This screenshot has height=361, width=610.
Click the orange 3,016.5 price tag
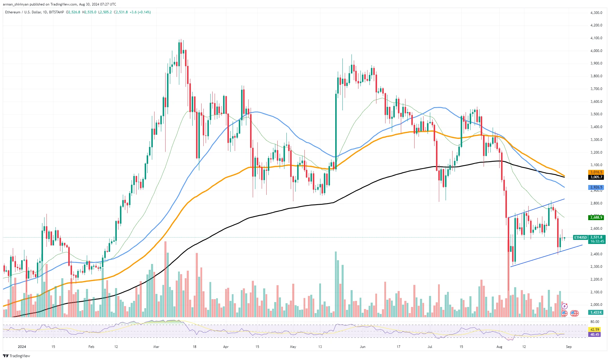click(x=596, y=172)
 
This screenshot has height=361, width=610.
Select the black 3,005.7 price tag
click(x=596, y=177)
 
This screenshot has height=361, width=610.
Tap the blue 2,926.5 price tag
click(x=596, y=187)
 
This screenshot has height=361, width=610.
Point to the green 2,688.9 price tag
click(x=596, y=218)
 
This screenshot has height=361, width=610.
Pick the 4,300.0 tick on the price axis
click(x=596, y=13)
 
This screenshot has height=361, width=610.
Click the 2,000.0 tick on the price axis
click(x=596, y=305)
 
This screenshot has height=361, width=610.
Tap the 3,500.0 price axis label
click(x=596, y=114)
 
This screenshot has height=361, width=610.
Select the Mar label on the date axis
click(x=156, y=347)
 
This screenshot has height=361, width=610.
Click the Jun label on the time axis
click(x=363, y=347)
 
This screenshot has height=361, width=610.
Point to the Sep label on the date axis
click(x=569, y=347)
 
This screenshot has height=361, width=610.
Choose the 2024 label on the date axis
click(x=22, y=347)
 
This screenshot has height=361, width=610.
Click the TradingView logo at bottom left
click(x=17, y=356)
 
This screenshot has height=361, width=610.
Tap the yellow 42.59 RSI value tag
click(x=595, y=330)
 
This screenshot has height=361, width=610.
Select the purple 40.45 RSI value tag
click(x=595, y=335)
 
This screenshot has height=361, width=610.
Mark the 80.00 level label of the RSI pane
click(x=595, y=322)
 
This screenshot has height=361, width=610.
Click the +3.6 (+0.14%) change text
click(x=140, y=12)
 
